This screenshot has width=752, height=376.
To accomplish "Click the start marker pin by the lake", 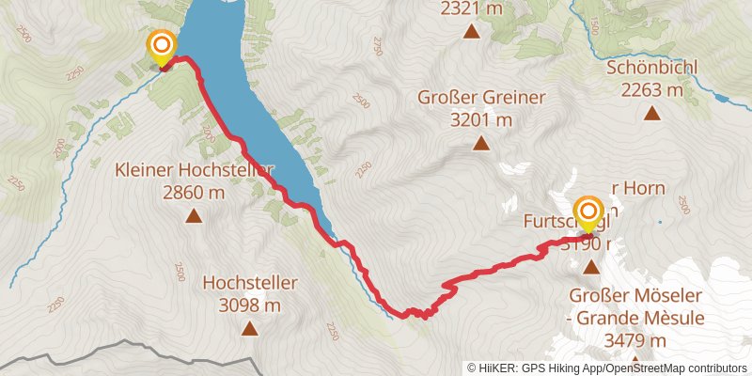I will pyautogui.click(x=162, y=46).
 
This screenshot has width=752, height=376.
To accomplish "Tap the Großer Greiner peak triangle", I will pyautogui.click(x=481, y=144).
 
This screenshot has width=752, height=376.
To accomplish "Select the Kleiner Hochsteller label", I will pyautogui.click(x=194, y=170).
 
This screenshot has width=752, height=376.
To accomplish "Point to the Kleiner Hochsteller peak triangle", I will pyautogui.click(x=194, y=216).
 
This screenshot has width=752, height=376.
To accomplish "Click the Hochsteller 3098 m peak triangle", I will pyautogui.click(x=249, y=328).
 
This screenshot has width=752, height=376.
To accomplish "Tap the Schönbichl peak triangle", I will pyautogui.click(x=651, y=114).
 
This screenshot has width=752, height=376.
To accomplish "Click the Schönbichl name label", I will pyautogui.click(x=650, y=69).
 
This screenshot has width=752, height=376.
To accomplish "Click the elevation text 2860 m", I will pyautogui.click(x=194, y=193).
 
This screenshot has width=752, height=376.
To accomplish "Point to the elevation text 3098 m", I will pyautogui.click(x=249, y=305).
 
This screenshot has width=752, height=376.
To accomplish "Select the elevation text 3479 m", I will pyautogui.click(x=635, y=340).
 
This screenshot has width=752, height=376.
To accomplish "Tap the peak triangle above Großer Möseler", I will pyautogui.click(x=591, y=268).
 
